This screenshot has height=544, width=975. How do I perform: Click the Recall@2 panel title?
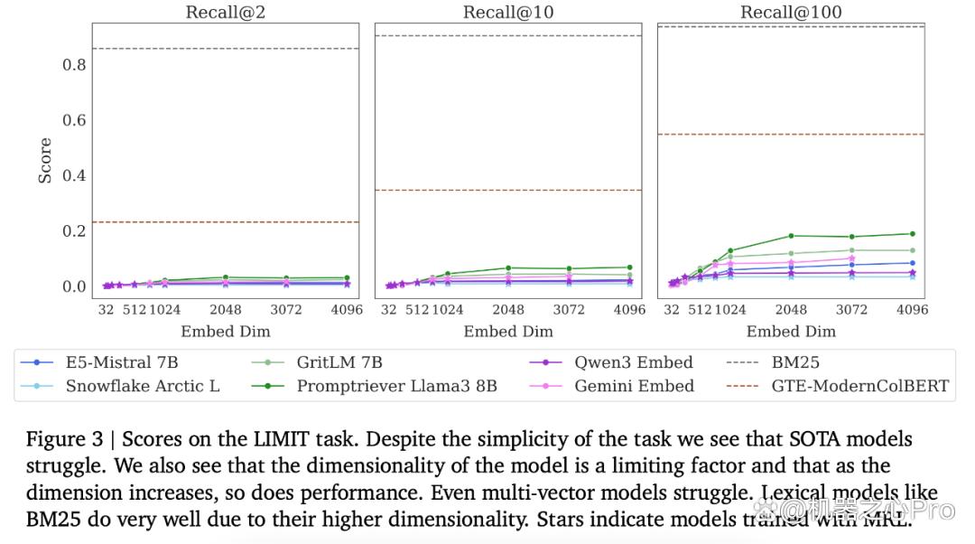click(x=225, y=12)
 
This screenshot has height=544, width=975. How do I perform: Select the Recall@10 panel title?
click(x=508, y=12)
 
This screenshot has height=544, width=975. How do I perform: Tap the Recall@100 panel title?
click(x=791, y=12)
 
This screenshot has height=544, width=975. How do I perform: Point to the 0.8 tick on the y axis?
click(x=74, y=65)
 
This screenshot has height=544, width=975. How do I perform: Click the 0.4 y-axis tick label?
click(x=74, y=175)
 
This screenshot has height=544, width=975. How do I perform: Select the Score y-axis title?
click(x=45, y=161)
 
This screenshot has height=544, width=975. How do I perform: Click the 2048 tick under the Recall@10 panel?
click(x=508, y=309)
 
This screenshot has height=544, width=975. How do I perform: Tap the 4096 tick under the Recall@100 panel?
click(x=912, y=309)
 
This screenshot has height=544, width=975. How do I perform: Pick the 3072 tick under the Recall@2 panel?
click(x=286, y=309)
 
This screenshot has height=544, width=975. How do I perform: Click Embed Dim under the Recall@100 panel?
click(x=791, y=331)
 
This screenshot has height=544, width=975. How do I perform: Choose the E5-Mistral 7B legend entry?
click(x=99, y=362)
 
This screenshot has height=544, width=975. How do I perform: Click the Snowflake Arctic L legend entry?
click(x=120, y=386)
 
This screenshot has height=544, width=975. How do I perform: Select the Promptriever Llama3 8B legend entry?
click(x=375, y=386)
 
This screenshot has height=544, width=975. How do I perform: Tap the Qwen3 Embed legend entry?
click(x=610, y=362)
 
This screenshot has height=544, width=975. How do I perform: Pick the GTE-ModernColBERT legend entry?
click(x=838, y=386)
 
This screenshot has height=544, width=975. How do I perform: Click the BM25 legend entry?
click(x=773, y=362)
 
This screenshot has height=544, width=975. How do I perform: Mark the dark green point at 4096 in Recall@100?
click(x=913, y=234)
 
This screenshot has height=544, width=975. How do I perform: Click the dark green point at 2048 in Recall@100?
click(x=791, y=236)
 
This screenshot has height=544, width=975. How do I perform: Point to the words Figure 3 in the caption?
click(x=65, y=439)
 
